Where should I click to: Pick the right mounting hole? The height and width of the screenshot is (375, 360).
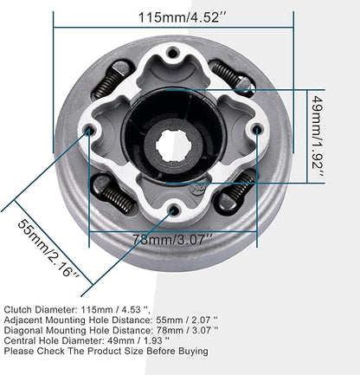tap(256, 131)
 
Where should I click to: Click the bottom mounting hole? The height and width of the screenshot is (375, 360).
tap(174, 210)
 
